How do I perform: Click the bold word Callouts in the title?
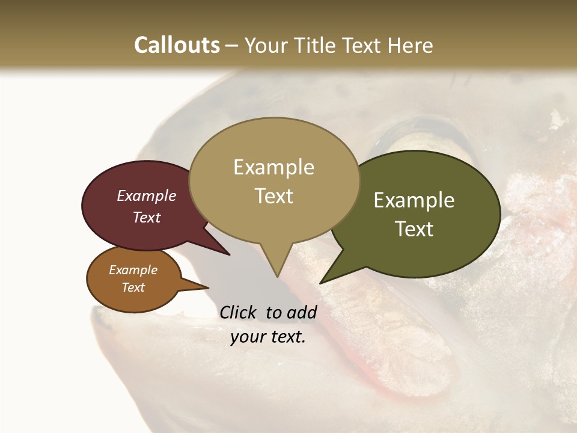(x=177, y=45)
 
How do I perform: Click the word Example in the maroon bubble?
(x=146, y=195)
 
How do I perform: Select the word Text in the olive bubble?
(x=414, y=229)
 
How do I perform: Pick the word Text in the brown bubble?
(x=133, y=287)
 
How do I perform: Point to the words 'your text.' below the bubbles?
(x=268, y=337)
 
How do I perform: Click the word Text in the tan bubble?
(x=274, y=195)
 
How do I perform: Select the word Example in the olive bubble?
(x=414, y=200)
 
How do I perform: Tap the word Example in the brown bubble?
(x=133, y=270)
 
